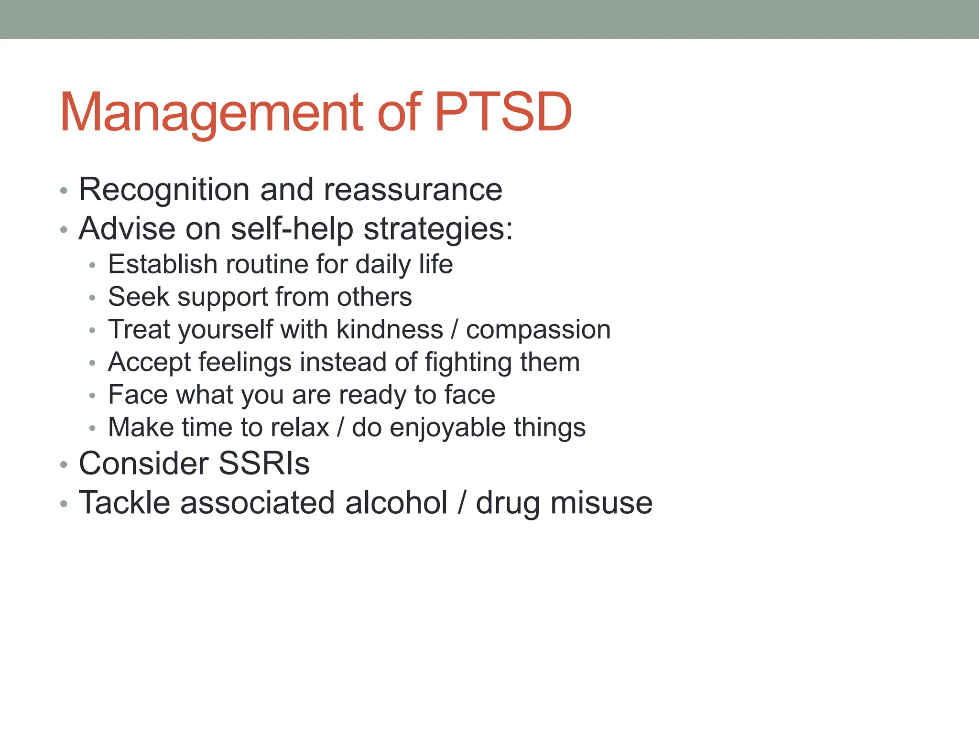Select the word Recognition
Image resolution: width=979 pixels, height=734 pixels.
tap(164, 190)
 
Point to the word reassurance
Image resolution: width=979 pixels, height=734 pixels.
tap(413, 190)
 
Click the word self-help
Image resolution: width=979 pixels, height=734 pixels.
tap(292, 229)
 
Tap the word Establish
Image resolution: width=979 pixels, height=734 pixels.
tap(163, 264)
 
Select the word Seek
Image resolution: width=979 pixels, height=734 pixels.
tap(139, 297)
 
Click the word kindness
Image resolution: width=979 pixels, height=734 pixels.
tap(390, 330)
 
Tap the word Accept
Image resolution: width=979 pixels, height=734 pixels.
tap(149, 363)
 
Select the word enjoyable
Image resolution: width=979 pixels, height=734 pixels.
tap(447, 428)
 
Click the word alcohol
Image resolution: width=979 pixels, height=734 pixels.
tap(396, 503)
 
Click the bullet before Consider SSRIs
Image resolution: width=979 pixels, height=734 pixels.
tap(64, 464)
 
